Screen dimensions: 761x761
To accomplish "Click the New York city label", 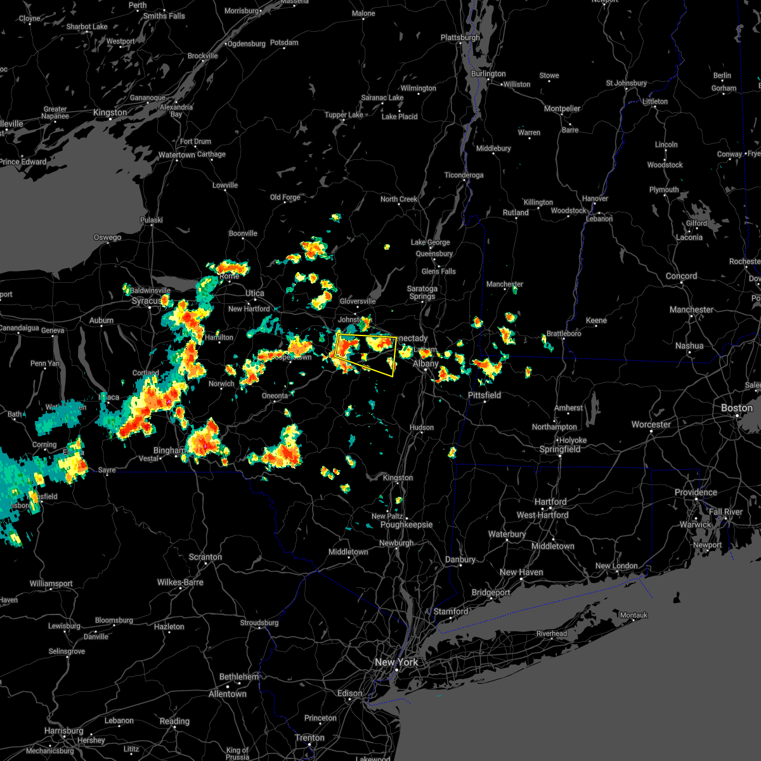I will coord(396,662).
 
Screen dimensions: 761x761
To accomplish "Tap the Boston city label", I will coord(737,408).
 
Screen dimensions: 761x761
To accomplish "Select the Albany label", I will coord(426,363).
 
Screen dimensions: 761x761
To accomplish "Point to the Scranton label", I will coord(205,557).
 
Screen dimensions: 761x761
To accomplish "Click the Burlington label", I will coord(488,74).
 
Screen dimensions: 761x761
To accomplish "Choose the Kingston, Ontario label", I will coord(110,112).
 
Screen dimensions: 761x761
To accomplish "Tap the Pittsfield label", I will coord(485,395).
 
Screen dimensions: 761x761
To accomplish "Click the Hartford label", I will coord(550,502).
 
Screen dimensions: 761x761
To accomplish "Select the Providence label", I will coord(696,492).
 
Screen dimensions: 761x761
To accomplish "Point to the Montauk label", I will coord(634,615).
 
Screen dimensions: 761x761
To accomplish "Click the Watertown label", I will coord(177,155).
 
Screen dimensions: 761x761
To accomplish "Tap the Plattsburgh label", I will coord(460,37).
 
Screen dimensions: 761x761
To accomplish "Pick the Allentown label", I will coord(228,694).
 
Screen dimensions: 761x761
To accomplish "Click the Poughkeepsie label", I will coord(407,524).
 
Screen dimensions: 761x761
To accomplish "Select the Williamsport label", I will coord(51,583).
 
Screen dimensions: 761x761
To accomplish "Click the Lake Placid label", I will coord(400,117).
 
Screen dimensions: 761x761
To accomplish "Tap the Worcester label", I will coord(651,424).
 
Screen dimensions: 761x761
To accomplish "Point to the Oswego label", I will coord(107,237).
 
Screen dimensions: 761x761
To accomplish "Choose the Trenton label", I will coord(310,738).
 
